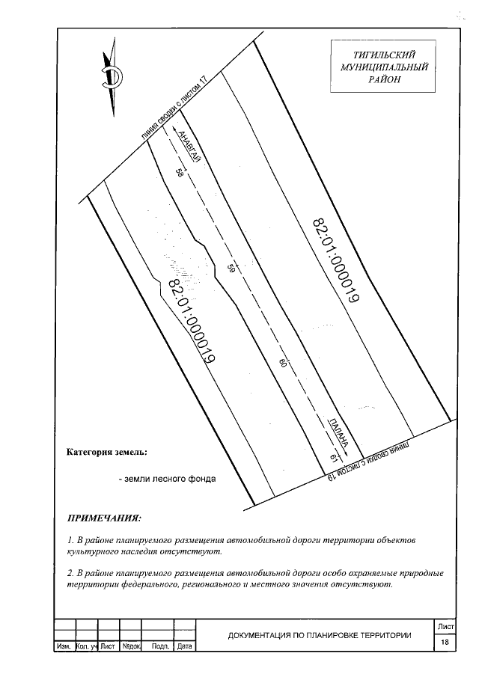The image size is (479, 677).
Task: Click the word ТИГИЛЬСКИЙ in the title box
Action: (384, 54)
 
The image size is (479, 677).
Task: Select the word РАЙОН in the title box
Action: (384, 79)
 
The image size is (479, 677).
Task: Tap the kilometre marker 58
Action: (180, 173)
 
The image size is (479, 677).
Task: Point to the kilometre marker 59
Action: (231, 268)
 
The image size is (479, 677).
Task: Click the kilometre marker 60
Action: (283, 364)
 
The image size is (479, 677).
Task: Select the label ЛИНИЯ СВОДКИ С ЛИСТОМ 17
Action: (173, 108)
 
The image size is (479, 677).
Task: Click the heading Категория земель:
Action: (107, 453)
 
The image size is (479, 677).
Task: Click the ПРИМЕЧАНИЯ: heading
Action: (104, 518)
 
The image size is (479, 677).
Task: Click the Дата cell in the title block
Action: (185, 646)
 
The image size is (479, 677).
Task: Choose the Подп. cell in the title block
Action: (159, 646)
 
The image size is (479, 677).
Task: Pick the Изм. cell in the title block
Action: (64, 646)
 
